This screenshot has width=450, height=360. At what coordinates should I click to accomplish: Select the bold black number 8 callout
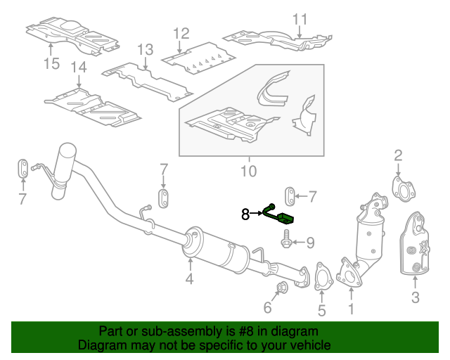[245, 214]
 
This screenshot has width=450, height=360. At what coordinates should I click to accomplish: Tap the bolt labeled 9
[286, 240]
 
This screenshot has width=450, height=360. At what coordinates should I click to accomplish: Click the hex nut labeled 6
[281, 287]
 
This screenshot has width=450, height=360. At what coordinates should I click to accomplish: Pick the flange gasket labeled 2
[404, 189]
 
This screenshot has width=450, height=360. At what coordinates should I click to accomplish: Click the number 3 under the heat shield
[416, 297]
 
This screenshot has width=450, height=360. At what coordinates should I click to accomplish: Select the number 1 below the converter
[352, 309]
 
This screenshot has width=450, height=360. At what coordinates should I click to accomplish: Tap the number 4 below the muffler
[189, 278]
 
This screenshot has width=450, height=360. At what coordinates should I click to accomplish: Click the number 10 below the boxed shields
[248, 171]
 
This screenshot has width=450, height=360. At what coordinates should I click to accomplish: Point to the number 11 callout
[300, 20]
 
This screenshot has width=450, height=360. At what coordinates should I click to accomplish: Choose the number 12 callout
[181, 34]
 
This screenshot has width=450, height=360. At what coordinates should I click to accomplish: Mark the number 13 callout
[146, 50]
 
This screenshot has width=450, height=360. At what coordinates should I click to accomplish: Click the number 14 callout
[79, 67]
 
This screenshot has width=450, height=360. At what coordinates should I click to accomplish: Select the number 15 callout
[51, 63]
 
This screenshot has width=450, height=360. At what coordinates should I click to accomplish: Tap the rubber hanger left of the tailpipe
[23, 168]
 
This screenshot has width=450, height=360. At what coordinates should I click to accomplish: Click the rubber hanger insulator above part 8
[290, 196]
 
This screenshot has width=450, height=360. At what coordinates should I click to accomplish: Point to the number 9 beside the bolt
[311, 243]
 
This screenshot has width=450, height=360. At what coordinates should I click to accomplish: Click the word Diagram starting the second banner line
[101, 345]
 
